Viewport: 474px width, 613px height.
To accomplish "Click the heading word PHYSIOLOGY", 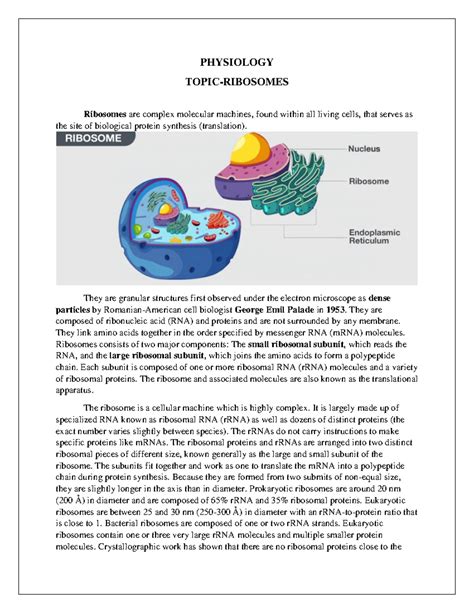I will click(x=236, y=59).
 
